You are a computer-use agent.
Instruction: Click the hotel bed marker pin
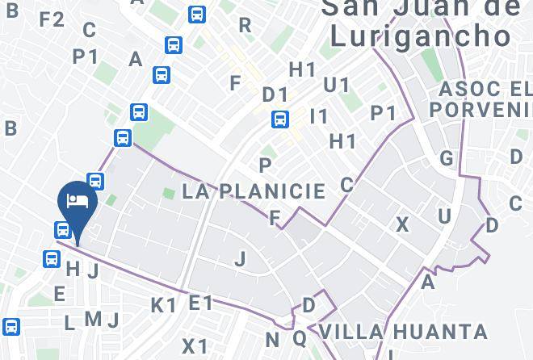tap(78, 202)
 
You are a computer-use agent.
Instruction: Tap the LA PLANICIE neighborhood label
tap(254, 192)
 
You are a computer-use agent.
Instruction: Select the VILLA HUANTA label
tap(403, 332)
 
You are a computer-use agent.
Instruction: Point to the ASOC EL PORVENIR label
tap(482, 98)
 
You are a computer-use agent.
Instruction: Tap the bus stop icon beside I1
tap(280, 119)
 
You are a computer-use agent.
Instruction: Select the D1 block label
tap(275, 94)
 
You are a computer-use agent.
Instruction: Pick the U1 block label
tap(336, 85)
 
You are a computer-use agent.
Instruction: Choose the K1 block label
tap(164, 305)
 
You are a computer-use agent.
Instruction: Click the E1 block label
tap(200, 303)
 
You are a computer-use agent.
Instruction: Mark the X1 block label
tap(195, 346)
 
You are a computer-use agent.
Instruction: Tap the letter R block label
tap(245, 26)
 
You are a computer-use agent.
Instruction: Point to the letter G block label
tap(447, 158)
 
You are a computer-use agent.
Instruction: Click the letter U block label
tap(444, 216)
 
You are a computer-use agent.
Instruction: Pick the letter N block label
tap(272, 340)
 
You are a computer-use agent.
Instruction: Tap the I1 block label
tap(320, 117)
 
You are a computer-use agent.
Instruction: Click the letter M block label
tap(93, 320)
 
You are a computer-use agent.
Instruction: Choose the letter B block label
tap(10, 128)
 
